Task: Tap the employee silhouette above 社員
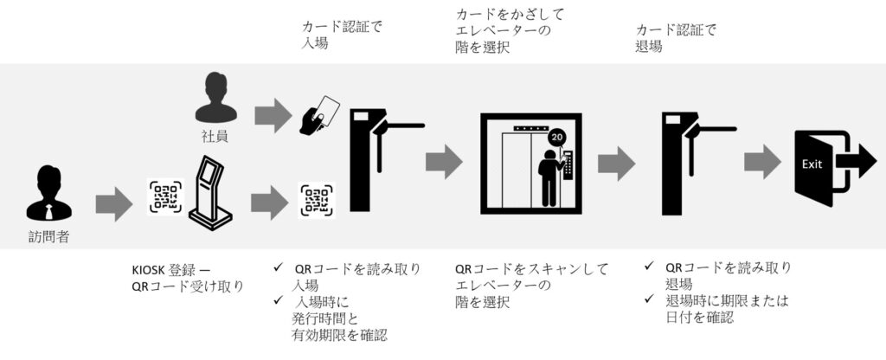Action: [x=215, y=98]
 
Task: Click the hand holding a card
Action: [x=319, y=115]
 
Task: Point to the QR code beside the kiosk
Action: [x=165, y=196]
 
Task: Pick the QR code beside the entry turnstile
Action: [x=317, y=200]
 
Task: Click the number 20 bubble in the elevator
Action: [x=556, y=138]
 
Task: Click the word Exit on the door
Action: [x=812, y=164]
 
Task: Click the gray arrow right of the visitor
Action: [x=114, y=204]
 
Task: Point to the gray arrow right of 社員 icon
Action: [x=273, y=116]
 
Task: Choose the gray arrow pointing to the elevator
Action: [x=444, y=161]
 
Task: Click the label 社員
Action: [x=215, y=136]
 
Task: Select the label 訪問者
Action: [x=49, y=237]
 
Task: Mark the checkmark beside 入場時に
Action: [x=278, y=300]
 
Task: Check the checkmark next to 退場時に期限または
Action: [x=651, y=300]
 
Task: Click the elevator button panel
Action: [x=570, y=163]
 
